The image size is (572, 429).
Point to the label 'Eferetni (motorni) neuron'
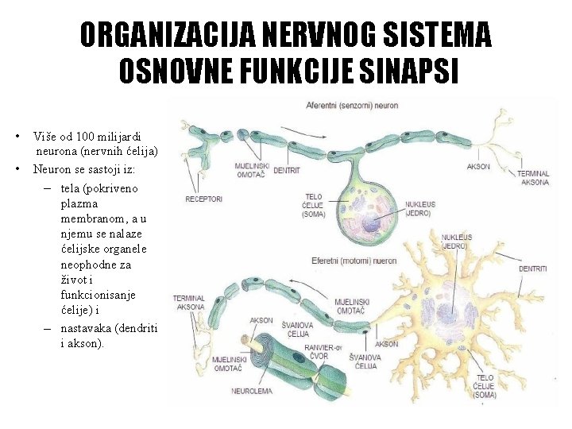tap(354, 261)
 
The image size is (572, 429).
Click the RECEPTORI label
tap(203, 199)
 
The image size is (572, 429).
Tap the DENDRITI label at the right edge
tap(532, 269)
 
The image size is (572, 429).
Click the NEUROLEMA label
tap(252, 391)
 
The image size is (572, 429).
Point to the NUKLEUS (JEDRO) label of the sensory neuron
tap(420, 208)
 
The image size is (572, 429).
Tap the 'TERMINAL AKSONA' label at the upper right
tap(533, 178)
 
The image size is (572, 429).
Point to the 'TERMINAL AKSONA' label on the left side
tap(189, 302)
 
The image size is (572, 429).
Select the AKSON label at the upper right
tap(479, 166)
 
